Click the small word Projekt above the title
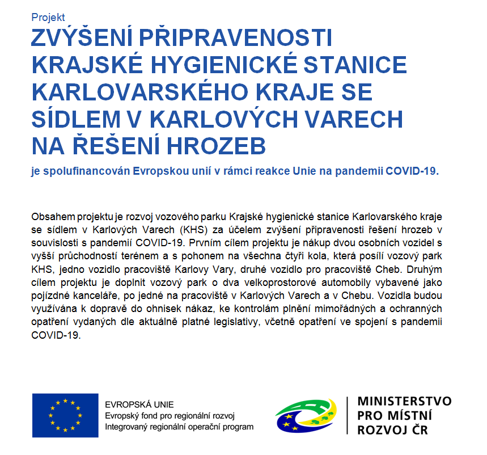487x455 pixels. point(48,18)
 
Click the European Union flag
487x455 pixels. point(65,412)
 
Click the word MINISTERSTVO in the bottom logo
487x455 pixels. point(404,401)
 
